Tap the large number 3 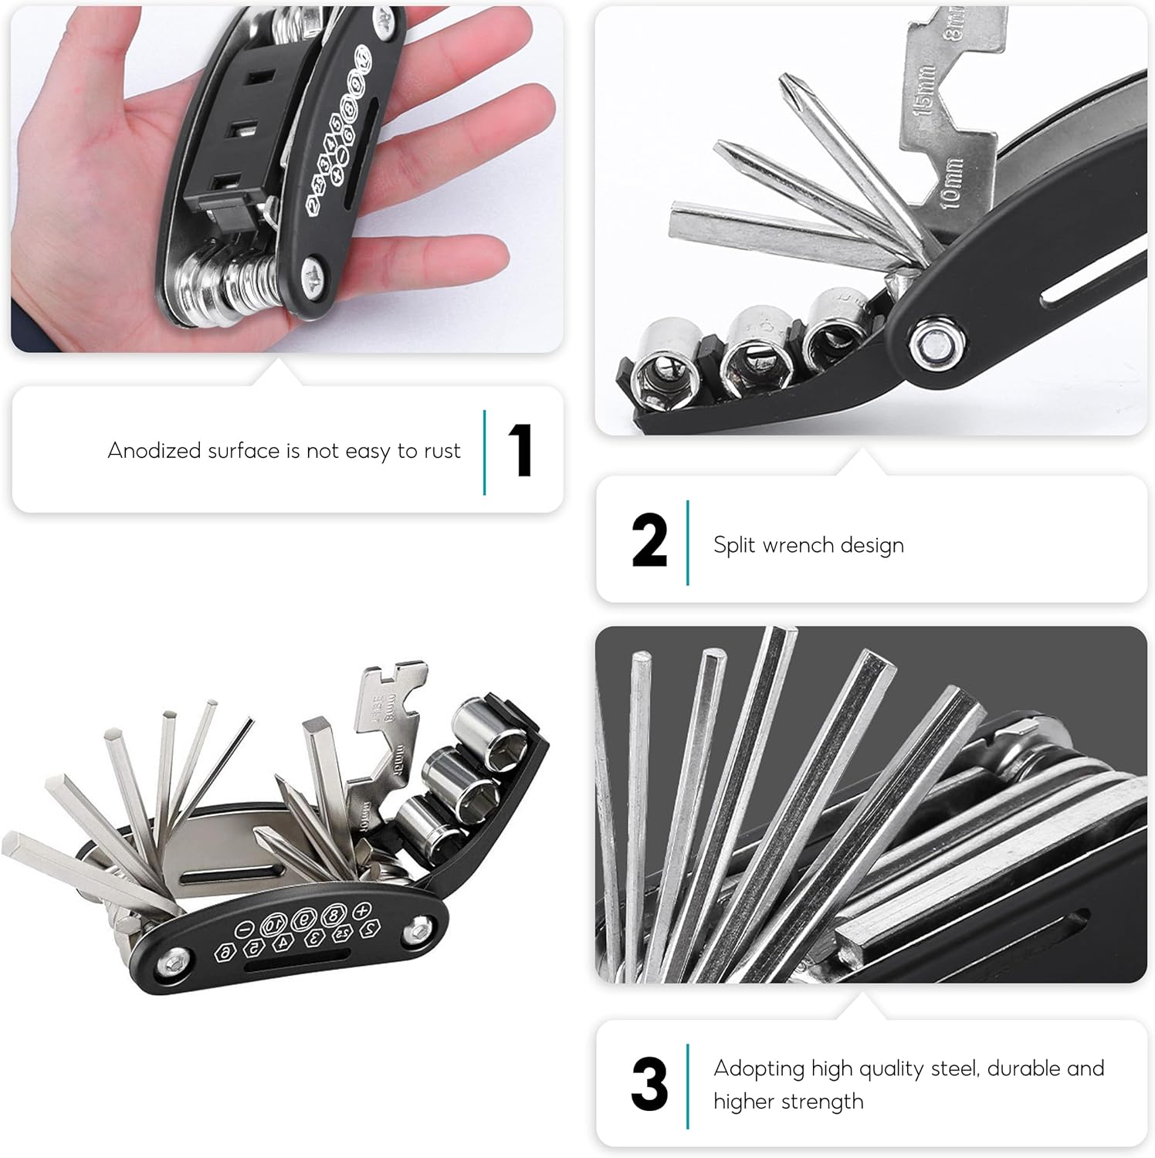[x=649, y=1084]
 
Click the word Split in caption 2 [x=733, y=545]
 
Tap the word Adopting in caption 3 [x=759, y=1069]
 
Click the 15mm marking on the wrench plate [x=925, y=88]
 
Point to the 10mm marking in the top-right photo [x=952, y=182]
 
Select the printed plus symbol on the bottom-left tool [x=362, y=911]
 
